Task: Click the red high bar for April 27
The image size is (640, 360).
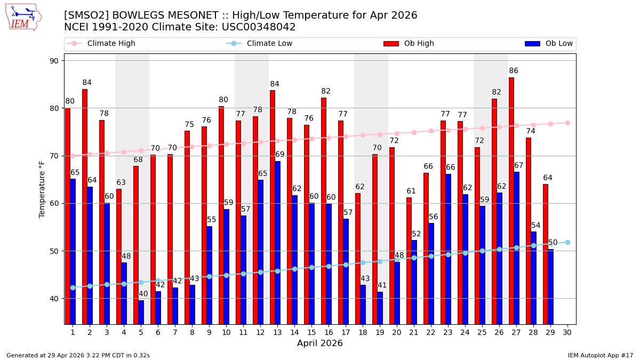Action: click(x=511, y=201)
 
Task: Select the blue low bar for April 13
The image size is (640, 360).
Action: click(x=277, y=243)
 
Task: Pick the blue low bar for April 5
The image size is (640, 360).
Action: click(x=141, y=312)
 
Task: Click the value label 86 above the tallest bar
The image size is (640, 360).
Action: click(x=514, y=71)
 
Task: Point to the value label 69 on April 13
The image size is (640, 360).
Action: click(x=280, y=155)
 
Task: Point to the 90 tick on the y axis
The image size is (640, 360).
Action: click(x=54, y=61)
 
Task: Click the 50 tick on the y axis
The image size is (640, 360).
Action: click(x=54, y=251)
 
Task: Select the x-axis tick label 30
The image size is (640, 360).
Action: click(x=567, y=332)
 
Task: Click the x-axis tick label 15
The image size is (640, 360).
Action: click(x=311, y=332)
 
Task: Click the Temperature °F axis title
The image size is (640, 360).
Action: click(x=42, y=189)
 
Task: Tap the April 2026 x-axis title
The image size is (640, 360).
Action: click(x=319, y=343)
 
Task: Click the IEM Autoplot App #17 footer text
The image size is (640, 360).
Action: click(x=600, y=355)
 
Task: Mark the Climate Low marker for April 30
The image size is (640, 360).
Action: click(x=567, y=242)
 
